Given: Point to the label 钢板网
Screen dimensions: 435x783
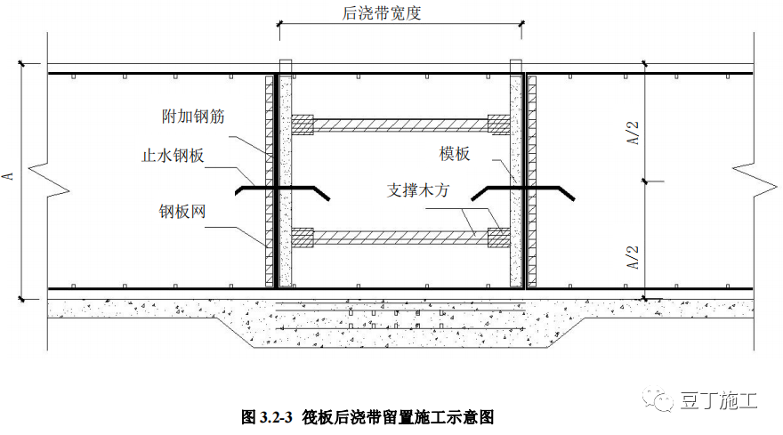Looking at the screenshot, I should point(183,212).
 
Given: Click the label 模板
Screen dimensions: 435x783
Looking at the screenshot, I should point(456,153).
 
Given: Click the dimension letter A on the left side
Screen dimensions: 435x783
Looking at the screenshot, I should point(8,177).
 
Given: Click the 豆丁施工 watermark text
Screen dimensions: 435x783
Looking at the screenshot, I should point(722,402).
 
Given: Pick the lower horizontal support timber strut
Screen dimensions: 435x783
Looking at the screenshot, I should point(401,238).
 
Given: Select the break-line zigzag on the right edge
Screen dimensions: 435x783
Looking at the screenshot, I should point(747,177).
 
